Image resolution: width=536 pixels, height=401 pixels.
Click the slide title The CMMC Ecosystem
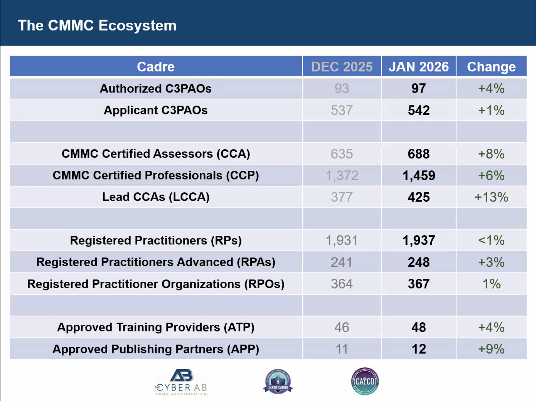[x=97, y=26]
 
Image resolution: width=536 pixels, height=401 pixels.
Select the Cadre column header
[x=156, y=67]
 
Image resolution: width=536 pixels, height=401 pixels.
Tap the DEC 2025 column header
[x=342, y=67]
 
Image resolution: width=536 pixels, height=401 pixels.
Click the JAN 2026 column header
[x=419, y=67]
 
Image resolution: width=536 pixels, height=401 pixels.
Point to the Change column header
[x=491, y=67]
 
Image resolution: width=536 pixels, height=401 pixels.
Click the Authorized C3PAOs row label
[x=156, y=89]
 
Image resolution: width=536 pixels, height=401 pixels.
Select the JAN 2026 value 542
[x=419, y=111]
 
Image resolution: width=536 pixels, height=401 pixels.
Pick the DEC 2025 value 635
[x=342, y=154]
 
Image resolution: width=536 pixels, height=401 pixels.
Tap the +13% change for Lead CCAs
[x=491, y=197]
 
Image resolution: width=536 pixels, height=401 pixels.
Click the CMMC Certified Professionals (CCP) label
[x=156, y=176]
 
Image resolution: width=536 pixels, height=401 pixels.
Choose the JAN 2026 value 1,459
[x=419, y=176]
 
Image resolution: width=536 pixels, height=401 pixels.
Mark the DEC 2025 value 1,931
[x=342, y=241]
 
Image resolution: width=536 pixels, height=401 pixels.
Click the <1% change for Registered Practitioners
[x=491, y=241]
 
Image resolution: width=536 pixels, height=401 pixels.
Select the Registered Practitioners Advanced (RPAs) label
[x=156, y=262]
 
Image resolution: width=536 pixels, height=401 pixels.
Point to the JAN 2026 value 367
[x=419, y=284]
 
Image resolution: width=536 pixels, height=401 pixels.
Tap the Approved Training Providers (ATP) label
[x=156, y=327]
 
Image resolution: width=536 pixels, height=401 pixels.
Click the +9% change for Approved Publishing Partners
[x=491, y=349]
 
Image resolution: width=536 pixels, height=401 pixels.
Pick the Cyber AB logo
[x=182, y=382]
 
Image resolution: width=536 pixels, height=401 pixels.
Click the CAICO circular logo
[x=365, y=381]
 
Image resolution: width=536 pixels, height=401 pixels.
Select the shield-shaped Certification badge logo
[x=278, y=382]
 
